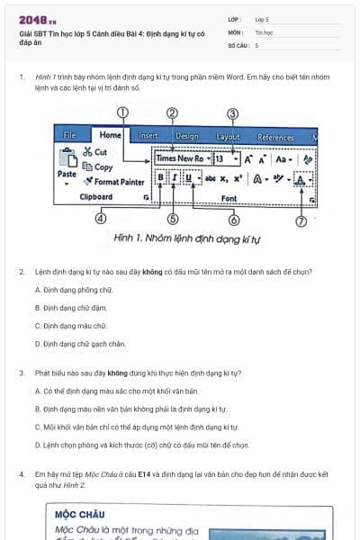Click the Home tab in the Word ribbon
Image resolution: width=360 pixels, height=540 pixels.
(110, 136)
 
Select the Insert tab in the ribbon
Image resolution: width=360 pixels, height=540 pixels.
(148, 137)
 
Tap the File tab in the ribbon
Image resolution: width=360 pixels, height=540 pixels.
(70, 136)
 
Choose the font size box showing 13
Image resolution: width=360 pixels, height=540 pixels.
(220, 158)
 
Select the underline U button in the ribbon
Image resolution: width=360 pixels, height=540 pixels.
(187, 177)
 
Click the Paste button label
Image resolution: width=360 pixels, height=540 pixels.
(67, 174)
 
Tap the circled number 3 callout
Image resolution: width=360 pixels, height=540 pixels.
(232, 113)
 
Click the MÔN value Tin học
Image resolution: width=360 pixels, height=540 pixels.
(264, 31)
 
